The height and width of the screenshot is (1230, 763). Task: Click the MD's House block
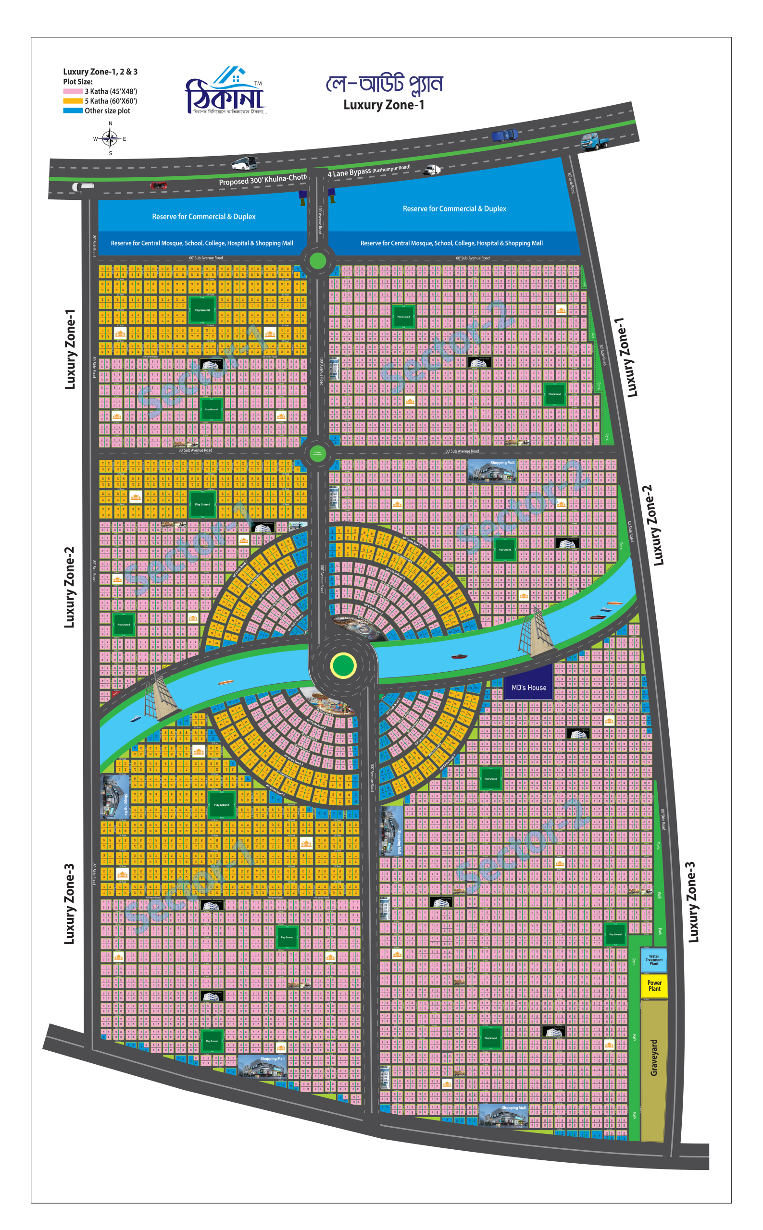point(528,688)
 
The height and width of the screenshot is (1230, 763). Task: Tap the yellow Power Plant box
point(654,985)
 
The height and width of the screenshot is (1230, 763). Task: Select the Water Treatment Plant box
point(653,959)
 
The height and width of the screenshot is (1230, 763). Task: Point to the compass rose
point(110,138)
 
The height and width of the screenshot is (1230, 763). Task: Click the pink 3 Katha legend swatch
point(73,91)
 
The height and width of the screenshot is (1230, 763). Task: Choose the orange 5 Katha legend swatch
point(73,101)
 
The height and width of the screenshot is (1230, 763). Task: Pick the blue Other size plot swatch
point(73,111)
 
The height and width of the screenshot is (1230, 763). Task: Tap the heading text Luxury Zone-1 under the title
point(384,105)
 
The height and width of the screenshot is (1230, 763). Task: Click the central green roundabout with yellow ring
point(343,665)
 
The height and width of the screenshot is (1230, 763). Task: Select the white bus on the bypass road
point(245,163)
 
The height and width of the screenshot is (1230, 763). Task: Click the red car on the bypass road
point(159,185)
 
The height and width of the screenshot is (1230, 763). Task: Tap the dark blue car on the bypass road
point(505,135)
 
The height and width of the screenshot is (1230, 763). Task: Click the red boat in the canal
point(459,657)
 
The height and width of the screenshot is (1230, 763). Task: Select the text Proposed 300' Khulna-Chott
point(263,180)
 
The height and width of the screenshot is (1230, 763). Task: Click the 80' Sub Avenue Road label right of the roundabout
point(462,451)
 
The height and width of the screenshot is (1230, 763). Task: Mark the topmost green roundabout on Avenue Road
point(317,261)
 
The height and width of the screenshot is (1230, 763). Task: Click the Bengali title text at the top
point(384,84)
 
